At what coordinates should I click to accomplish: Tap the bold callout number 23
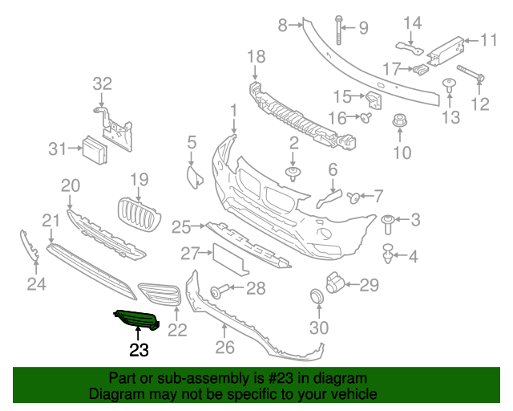139,349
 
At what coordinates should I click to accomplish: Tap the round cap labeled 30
317,298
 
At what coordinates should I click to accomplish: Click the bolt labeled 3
389,219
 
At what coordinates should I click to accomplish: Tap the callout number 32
103,83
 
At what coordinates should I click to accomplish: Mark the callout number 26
224,348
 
